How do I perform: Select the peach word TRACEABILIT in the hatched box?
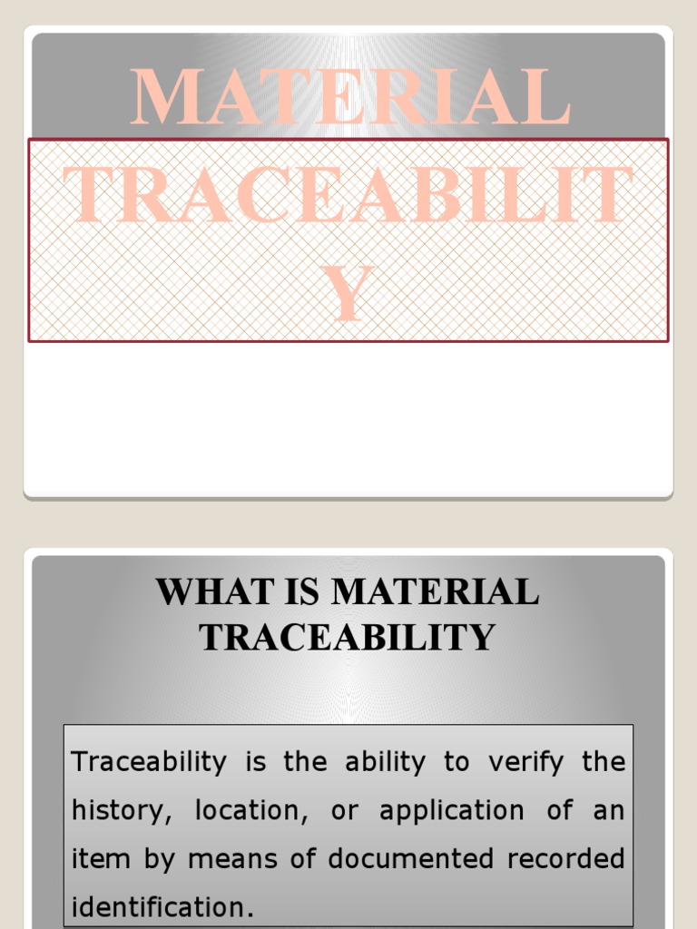349,194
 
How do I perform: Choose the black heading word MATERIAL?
436,592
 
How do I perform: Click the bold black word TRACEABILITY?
348,637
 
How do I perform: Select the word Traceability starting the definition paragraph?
148,762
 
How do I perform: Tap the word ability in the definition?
385,762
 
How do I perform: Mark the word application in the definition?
451,810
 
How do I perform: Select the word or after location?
345,810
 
